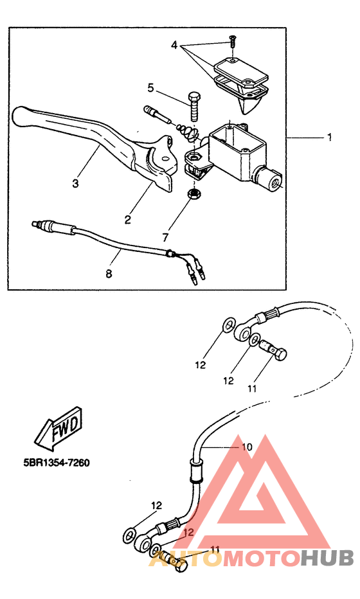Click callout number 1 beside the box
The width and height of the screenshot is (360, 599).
tap(329, 137)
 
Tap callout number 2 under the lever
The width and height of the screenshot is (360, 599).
tap(127, 219)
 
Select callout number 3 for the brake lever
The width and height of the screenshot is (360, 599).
tap(75, 183)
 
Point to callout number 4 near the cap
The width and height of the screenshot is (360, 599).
tap(174, 46)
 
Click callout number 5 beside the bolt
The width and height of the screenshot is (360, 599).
tap(150, 88)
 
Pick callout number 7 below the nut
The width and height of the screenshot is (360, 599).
tap(165, 237)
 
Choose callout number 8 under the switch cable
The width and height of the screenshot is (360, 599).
tap(109, 274)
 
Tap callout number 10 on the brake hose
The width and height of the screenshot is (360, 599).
tap(247, 447)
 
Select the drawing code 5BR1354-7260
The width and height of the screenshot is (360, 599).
tap(57, 463)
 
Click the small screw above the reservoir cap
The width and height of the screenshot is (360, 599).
tap(232, 40)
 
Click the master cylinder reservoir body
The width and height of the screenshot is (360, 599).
tap(237, 153)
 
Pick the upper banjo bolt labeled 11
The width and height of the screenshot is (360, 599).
tap(274, 350)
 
